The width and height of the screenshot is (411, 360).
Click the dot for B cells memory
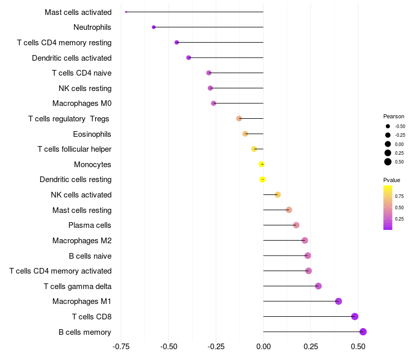coord(363,332)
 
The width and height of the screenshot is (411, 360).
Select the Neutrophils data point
coord(154,27)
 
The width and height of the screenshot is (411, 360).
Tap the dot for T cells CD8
coord(354,317)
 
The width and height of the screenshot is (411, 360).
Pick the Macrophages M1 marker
coord(338,301)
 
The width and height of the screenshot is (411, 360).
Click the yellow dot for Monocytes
coord(261,165)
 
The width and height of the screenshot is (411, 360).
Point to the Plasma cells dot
coord(296,225)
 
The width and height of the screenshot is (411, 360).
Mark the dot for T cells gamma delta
coord(318,286)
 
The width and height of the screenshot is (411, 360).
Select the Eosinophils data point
coord(246,134)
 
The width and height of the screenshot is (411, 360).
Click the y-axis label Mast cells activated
coord(78,12)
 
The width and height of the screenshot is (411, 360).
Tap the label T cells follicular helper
coord(74,149)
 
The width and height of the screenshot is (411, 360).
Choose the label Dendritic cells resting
coord(76,179)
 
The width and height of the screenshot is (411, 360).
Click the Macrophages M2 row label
coord(82,241)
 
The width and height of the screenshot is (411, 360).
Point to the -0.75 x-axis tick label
coord(121,347)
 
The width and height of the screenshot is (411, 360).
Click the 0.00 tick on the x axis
coord(263,347)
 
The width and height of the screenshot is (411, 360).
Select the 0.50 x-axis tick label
coord(358,347)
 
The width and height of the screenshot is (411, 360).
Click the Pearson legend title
coord(394,116)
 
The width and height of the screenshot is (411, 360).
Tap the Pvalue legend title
coord(391,180)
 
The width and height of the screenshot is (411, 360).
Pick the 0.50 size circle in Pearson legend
coord(387,162)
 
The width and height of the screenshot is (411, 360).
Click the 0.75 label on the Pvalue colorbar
coord(399,196)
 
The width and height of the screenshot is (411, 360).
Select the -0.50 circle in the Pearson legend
coord(387,126)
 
